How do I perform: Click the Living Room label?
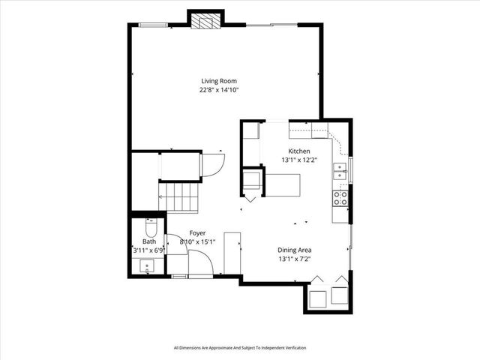tap(220, 81)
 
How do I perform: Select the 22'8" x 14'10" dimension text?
tap(220, 90)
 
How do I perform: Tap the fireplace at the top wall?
tap(205, 21)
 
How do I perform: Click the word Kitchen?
tap(295, 151)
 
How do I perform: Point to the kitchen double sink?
tap(340, 172)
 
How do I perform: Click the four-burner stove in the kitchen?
tap(340, 197)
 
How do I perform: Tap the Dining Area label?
tap(295, 250)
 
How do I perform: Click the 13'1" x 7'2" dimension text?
tap(295, 259)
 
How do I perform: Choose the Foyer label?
tap(197, 232)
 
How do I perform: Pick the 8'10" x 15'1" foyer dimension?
tap(198, 241)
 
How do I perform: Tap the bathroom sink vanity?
tap(146, 265)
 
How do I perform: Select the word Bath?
tap(149, 241)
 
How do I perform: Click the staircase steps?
tap(180, 198)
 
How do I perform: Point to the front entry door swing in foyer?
tap(199, 263)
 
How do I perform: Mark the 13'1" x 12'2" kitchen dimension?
tap(295, 160)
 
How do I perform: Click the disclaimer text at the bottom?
tap(240, 347)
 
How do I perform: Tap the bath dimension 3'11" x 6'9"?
tap(149, 250)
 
